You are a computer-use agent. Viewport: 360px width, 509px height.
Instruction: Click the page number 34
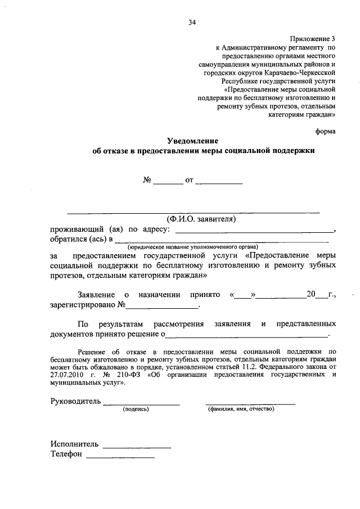pos(192,22)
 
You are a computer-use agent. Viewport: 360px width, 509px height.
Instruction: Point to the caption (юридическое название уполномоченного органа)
pos(192,247)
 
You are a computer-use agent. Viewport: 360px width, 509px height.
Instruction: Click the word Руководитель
pos(75,402)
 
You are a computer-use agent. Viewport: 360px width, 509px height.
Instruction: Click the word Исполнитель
pos(74,443)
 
